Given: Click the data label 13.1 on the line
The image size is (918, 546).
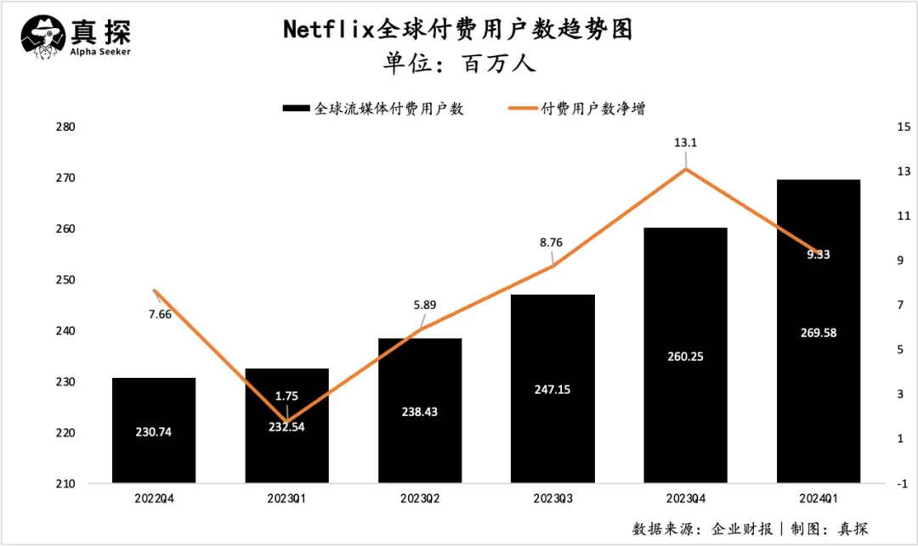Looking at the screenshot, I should pyautogui.click(x=686, y=143).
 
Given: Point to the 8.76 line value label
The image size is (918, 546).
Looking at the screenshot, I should pyautogui.click(x=552, y=242).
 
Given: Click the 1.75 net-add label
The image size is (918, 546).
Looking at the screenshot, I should pyautogui.click(x=286, y=395).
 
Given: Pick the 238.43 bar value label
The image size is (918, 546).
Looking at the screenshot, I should pyautogui.click(x=419, y=411).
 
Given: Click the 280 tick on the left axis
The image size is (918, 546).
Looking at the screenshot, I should pyautogui.click(x=65, y=127).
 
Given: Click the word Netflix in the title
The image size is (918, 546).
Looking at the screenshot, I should pyautogui.click(x=328, y=31).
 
